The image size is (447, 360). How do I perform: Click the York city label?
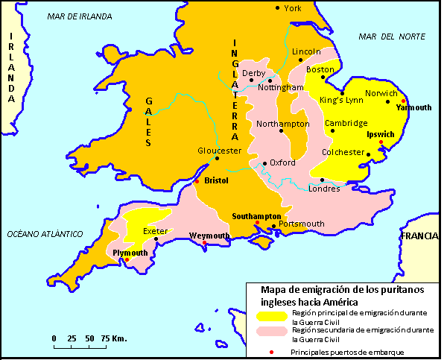[293, 8]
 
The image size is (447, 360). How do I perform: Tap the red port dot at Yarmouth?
[403, 101]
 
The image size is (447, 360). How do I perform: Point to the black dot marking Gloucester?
[218, 158]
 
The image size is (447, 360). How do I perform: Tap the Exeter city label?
[155, 231]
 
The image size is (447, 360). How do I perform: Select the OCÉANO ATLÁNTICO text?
[44, 233]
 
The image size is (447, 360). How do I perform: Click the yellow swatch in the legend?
[270, 315]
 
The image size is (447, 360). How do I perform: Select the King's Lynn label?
[340, 100]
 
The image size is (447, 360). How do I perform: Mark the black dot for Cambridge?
[332, 131]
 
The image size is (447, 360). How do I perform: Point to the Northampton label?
[282, 123]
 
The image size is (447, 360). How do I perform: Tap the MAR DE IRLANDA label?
[80, 16]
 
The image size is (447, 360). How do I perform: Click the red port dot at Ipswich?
[381, 142]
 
